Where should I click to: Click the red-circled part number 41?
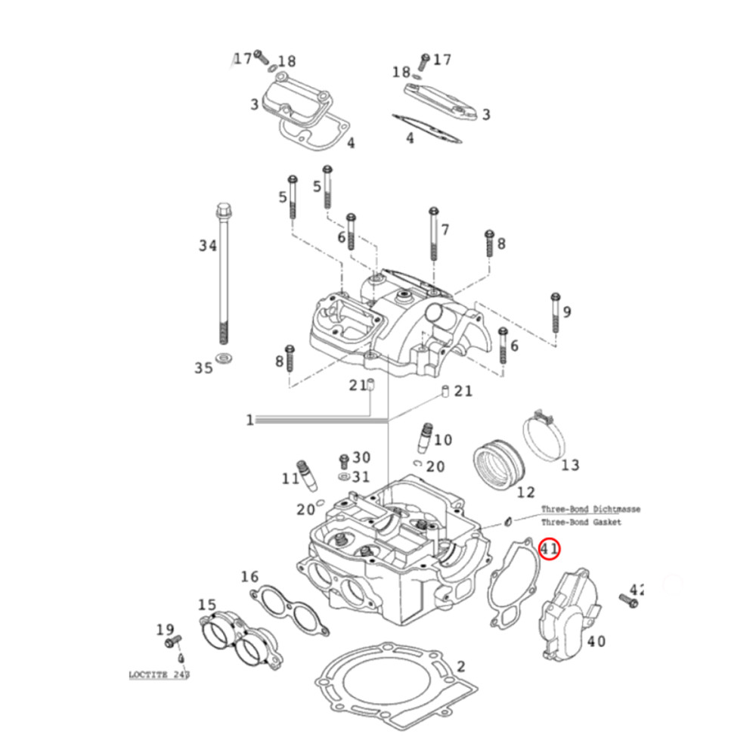[x=549, y=549]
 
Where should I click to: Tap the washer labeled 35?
[x=224, y=356]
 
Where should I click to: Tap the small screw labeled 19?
[x=173, y=644]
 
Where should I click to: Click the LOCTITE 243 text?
[x=157, y=672]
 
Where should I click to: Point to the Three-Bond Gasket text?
[x=581, y=522]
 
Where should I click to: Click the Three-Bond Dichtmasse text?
[x=590, y=510]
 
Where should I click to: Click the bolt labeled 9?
[x=556, y=313]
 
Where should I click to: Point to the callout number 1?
[x=249, y=420]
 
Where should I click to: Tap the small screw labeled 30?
[x=344, y=460]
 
